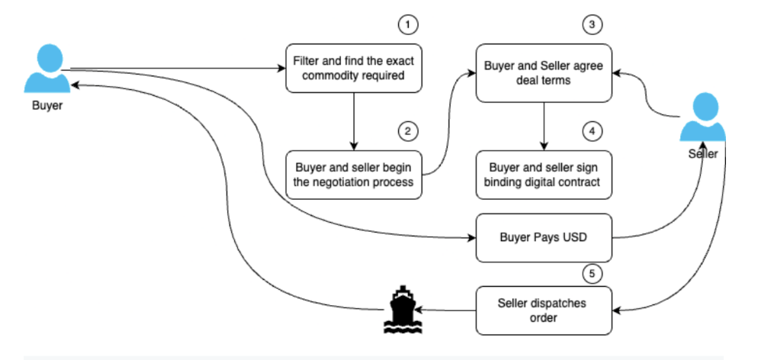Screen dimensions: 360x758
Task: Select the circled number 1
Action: point(409,25)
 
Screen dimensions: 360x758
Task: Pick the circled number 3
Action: point(592,25)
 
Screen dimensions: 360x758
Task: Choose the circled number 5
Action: point(592,270)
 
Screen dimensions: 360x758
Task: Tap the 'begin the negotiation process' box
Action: point(353,175)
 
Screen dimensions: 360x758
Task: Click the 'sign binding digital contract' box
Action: point(544,175)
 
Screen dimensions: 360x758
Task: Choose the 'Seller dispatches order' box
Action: point(544,310)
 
